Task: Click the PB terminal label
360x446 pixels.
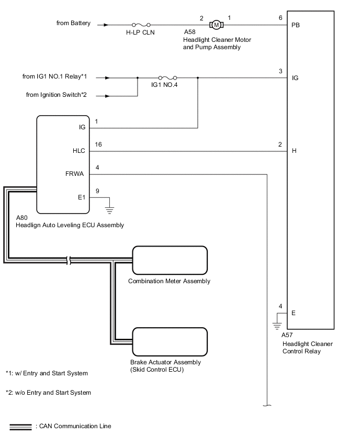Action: pyautogui.click(x=296, y=25)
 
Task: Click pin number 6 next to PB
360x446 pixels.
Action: pyautogui.click(x=281, y=17)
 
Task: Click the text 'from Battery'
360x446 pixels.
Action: pyautogui.click(x=73, y=23)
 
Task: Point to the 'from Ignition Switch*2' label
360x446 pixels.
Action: pyautogui.click(x=57, y=95)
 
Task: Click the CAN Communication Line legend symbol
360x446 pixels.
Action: pyautogui.click(x=20, y=427)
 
